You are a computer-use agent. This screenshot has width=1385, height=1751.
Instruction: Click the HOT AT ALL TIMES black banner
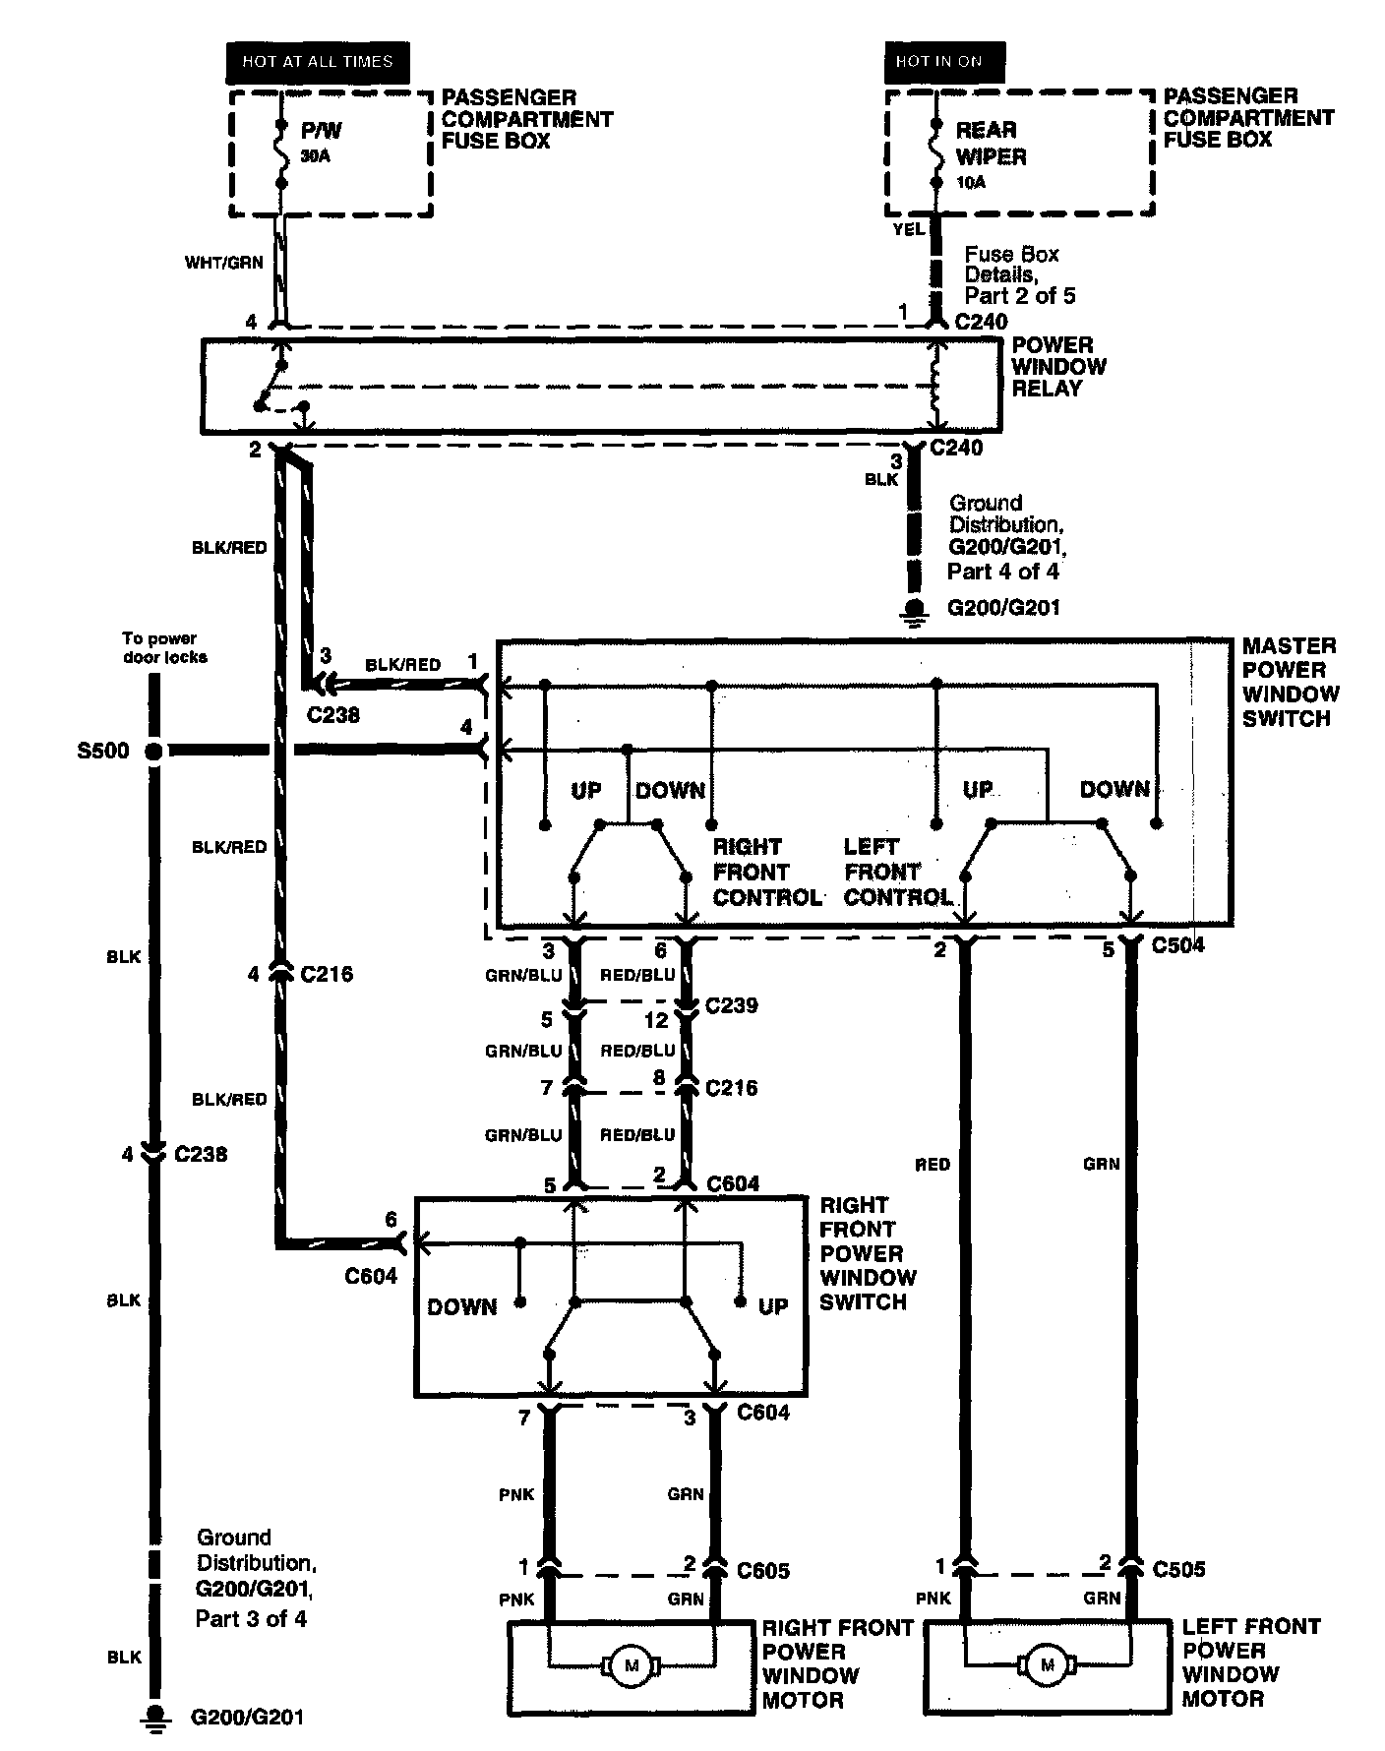coord(318,62)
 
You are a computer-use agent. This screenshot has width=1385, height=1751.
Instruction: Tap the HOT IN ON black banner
coord(939,61)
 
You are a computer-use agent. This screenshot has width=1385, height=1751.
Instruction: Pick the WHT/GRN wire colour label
coord(224,264)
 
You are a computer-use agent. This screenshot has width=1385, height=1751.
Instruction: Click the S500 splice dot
coord(153,752)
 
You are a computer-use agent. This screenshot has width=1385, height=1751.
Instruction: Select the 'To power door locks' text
coord(165,647)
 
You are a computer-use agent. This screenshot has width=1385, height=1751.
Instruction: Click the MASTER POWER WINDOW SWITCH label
coord(1289,682)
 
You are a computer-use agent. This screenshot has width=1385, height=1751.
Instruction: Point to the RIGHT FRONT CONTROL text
coord(766,872)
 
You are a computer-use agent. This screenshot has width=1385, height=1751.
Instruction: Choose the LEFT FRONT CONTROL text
coord(897,872)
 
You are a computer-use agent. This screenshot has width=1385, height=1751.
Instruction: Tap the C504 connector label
coord(1177,945)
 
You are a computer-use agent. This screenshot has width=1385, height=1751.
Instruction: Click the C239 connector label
coord(732,1005)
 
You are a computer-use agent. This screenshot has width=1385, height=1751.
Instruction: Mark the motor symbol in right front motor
coord(630,1665)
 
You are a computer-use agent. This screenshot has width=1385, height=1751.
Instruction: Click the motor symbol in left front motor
coord(1047,1665)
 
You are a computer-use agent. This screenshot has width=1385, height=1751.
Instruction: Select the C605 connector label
coord(763,1571)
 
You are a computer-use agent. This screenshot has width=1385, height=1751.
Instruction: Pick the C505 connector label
coord(1178,1569)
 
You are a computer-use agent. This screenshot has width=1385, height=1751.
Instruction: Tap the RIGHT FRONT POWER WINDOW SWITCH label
coord(868,1253)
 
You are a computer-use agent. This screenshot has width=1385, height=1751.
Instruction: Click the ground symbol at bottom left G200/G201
coord(153,1716)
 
